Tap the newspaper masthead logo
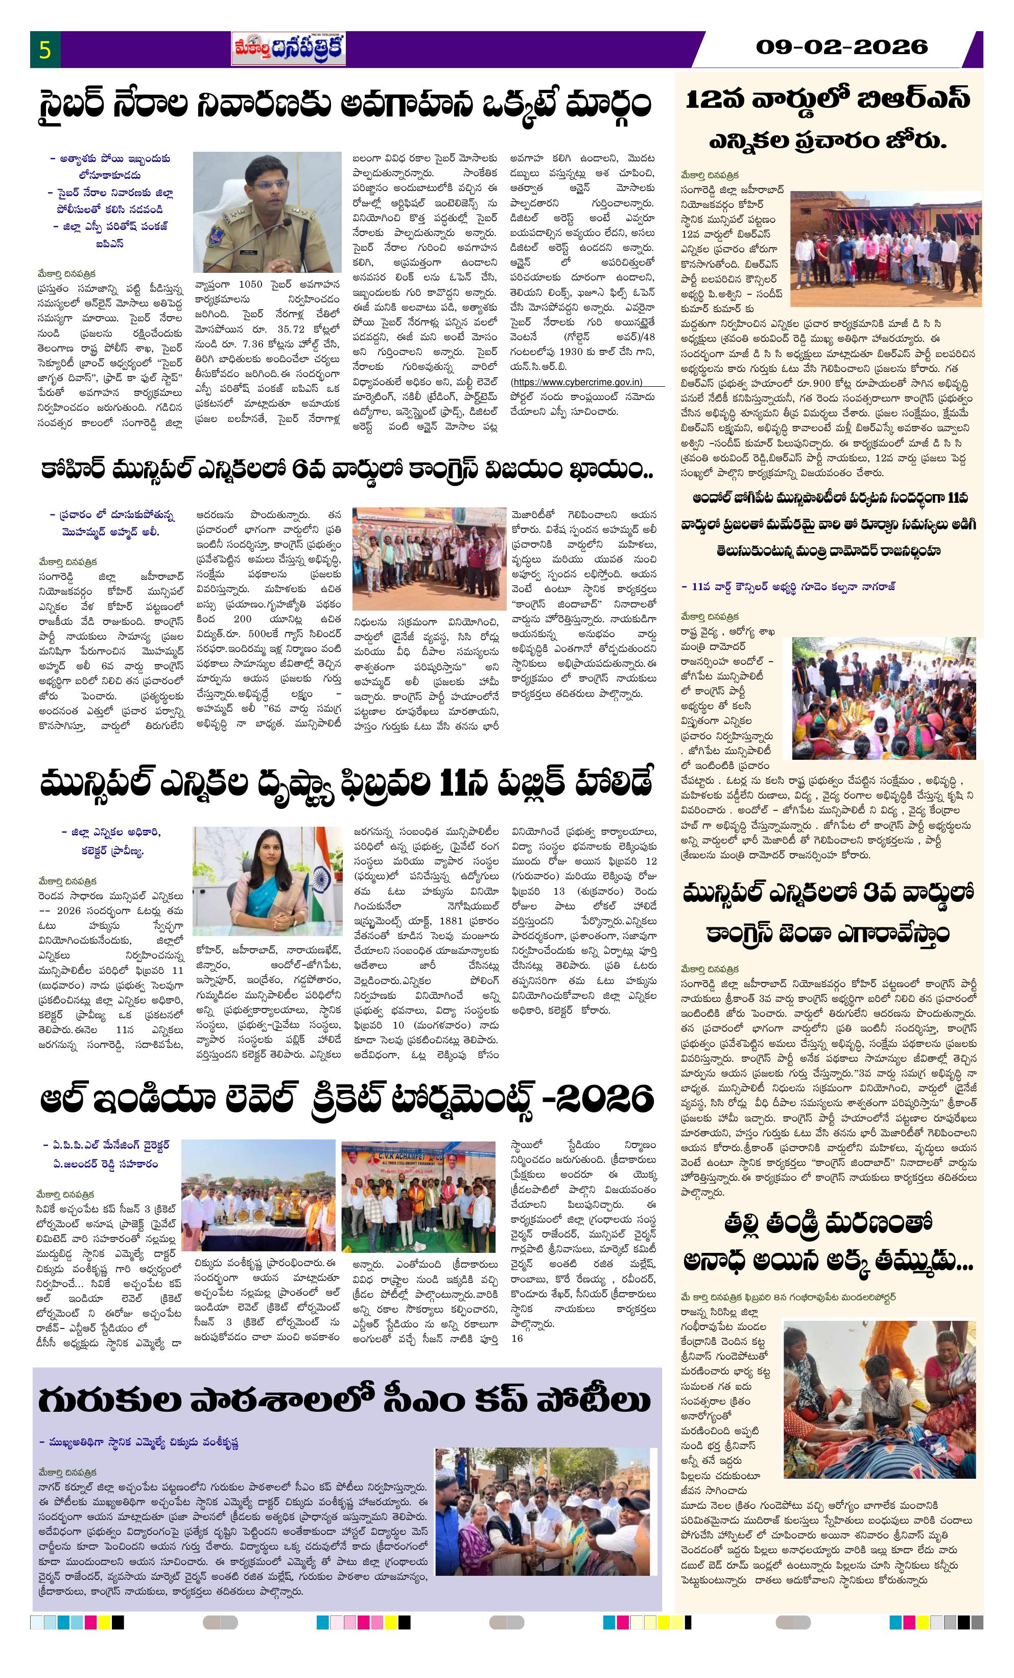coord(288,50)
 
